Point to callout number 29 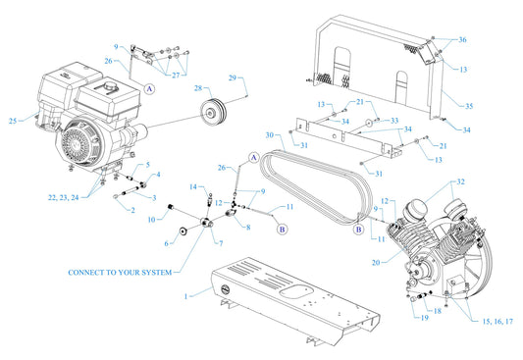[234, 77]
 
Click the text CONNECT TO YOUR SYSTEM [121, 272]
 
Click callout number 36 [461, 39]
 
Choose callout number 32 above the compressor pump [460, 182]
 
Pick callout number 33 [394, 120]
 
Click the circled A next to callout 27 [150, 88]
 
